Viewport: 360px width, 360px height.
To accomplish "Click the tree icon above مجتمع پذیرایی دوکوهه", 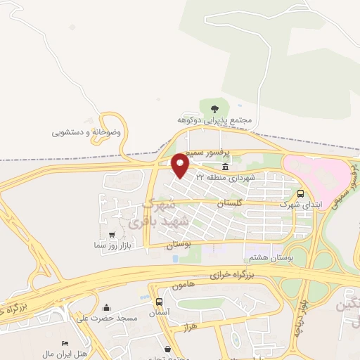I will [214, 108].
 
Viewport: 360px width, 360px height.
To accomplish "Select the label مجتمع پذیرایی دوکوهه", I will [214, 121].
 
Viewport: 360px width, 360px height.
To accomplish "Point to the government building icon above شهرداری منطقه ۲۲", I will [225, 167].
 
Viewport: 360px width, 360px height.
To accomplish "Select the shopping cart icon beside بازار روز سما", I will [112, 234].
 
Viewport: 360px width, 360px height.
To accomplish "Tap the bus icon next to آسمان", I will [159, 302].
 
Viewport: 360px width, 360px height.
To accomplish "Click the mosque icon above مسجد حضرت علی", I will [106, 307].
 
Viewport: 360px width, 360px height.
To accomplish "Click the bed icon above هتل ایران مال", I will [65, 342].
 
